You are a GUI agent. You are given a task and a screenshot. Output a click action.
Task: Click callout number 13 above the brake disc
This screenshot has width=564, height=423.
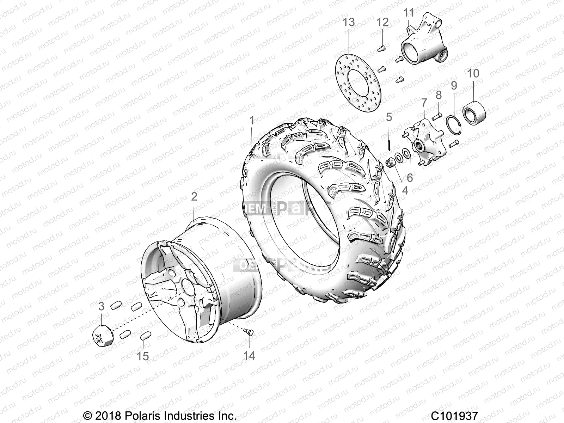pos(349,23)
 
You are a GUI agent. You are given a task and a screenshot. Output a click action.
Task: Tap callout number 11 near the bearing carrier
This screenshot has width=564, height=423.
pos(409,13)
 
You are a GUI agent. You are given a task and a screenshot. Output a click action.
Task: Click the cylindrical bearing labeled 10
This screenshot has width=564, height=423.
pos(474,113)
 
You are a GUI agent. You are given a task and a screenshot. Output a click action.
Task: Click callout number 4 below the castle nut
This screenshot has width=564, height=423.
pos(405,190)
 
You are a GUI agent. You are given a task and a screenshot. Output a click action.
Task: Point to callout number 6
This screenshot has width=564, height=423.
pos(410,177)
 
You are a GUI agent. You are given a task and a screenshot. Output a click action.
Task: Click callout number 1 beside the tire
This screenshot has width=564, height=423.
pos(252,121)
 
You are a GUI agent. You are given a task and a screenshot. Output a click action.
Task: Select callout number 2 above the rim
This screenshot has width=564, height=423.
pos(194,196)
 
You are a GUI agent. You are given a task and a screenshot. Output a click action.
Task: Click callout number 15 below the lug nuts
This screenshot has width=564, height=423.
pos(143,356)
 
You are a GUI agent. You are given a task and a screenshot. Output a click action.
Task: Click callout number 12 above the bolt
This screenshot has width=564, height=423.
pos(382,23)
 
